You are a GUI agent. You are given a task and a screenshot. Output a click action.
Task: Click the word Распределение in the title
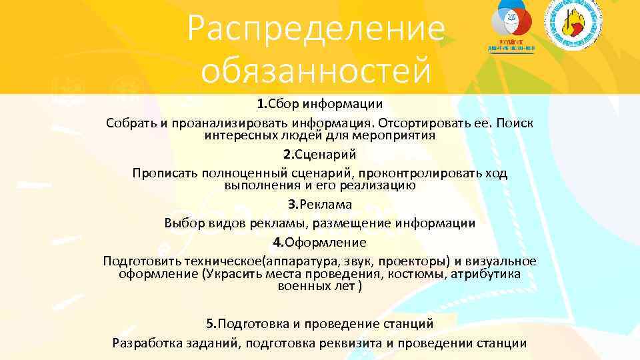(316, 27)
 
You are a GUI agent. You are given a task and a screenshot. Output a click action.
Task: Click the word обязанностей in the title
(316, 71)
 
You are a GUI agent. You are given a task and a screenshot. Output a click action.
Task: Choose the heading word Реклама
(325, 205)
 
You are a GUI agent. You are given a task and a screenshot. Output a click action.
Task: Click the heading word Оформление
(325, 242)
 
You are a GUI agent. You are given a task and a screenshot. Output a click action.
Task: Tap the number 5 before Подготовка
(210, 324)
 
